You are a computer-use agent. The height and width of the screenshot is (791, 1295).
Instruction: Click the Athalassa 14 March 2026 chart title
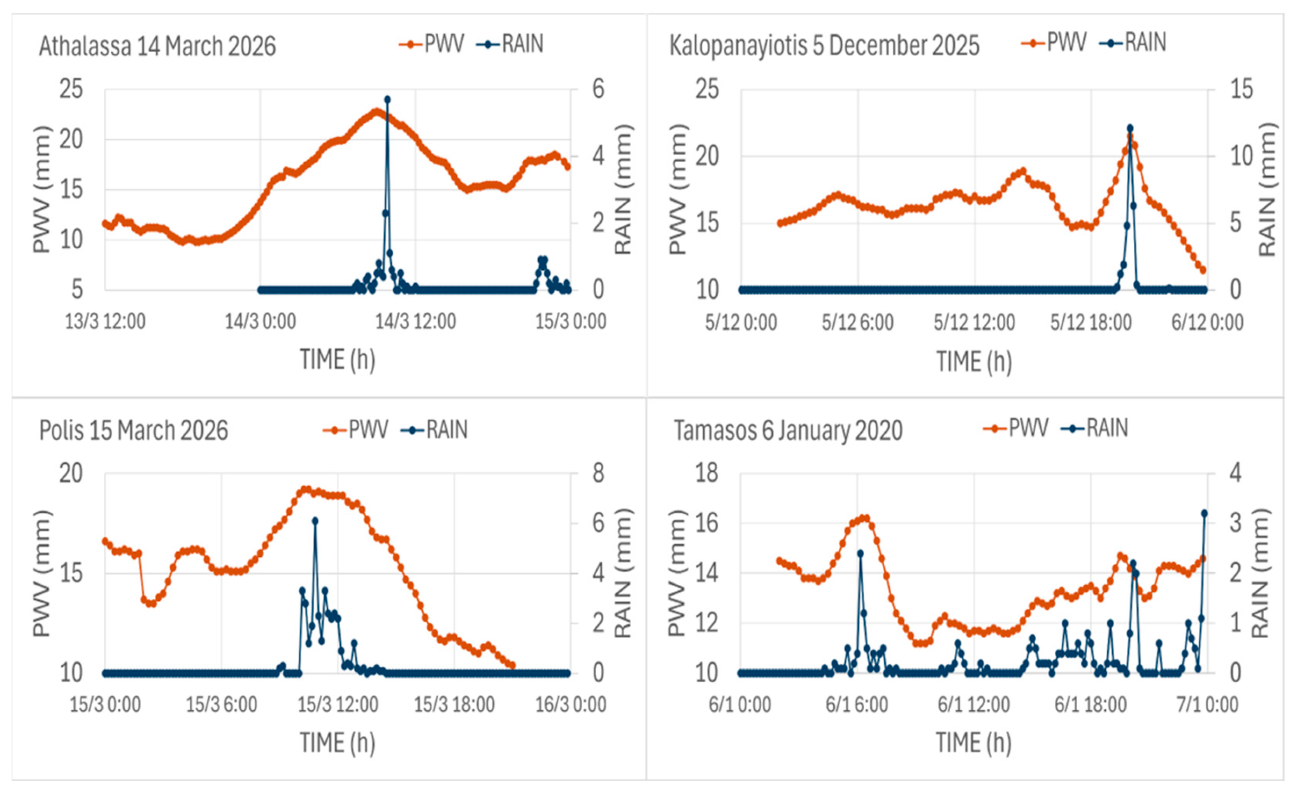click(x=157, y=46)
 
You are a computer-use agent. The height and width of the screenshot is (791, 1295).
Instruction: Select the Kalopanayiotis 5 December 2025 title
click(x=824, y=45)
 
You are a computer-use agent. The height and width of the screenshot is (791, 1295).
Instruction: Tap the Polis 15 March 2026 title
click(x=133, y=430)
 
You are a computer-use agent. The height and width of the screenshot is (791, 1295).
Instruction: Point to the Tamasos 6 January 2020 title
click(x=788, y=430)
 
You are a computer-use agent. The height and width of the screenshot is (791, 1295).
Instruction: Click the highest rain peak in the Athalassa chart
click(x=387, y=99)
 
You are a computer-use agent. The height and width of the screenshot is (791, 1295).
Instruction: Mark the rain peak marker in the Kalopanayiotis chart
click(x=1130, y=128)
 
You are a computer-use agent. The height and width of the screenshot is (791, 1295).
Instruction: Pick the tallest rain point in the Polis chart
click(x=315, y=520)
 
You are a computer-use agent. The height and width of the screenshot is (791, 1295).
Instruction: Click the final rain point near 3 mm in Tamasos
click(x=1204, y=513)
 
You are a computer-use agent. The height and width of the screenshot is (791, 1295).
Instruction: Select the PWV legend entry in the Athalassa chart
click(x=432, y=44)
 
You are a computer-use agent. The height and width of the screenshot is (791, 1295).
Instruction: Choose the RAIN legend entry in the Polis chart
click(x=434, y=430)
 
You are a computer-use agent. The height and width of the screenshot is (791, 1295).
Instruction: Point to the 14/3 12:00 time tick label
click(x=415, y=321)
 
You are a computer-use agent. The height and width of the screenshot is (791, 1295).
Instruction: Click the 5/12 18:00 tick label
click(x=1090, y=322)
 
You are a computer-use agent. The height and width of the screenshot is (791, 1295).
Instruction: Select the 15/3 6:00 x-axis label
click(x=221, y=705)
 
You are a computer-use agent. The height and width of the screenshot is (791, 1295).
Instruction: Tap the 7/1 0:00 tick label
click(x=1207, y=705)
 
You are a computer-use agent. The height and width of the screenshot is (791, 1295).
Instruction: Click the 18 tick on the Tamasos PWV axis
click(x=707, y=474)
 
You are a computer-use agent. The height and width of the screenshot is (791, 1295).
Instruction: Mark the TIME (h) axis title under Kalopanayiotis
click(x=974, y=362)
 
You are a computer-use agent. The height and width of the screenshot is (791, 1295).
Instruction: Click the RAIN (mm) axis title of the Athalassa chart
click(x=623, y=189)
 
